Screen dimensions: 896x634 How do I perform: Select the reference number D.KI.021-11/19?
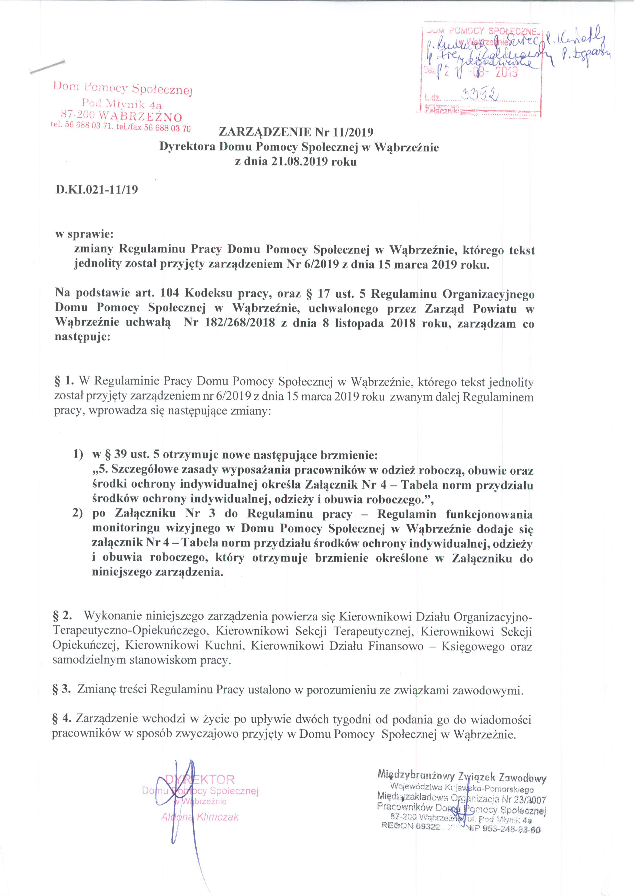coord(97,190)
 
